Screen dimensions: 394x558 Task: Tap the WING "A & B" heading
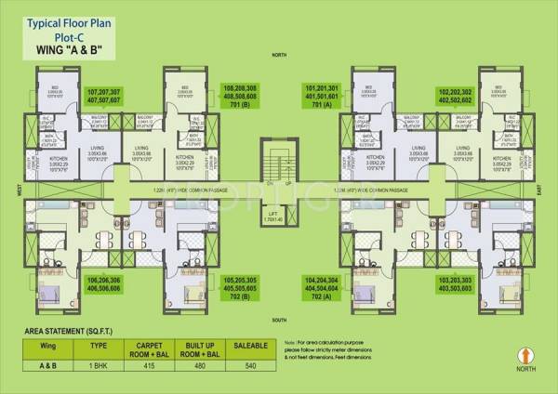pos(62,46)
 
